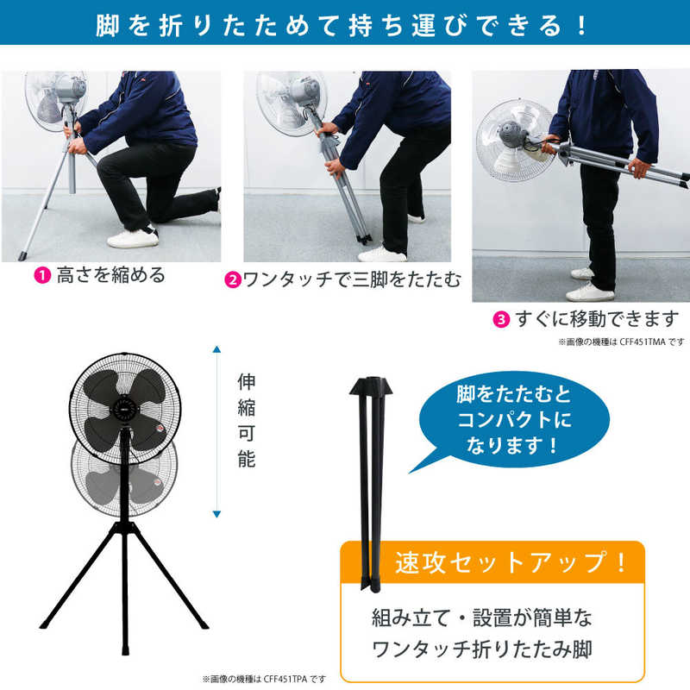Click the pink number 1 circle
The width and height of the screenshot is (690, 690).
[42, 275]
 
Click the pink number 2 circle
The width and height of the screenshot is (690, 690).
[233, 279]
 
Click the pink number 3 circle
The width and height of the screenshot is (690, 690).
[501, 319]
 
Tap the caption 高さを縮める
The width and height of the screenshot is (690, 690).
[111, 275]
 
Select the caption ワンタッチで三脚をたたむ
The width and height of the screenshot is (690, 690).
[352, 279]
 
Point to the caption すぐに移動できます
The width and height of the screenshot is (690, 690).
[597, 319]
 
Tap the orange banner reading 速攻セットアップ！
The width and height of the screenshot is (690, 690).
[492, 562]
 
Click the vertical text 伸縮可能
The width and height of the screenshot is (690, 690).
[247, 420]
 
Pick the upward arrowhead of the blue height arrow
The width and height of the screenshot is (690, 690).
[216, 350]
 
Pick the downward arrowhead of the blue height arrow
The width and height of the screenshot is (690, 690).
[216, 514]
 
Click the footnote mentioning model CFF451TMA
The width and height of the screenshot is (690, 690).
[622, 342]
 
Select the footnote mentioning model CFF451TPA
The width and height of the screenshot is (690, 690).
[265, 680]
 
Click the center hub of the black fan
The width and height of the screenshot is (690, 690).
[124, 411]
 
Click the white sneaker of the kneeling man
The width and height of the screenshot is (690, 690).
[133, 238]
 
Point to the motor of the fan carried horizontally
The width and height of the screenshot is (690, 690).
[511, 135]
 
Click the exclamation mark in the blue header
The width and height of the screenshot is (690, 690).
[581, 25]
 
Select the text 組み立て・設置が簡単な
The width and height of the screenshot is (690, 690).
[482, 618]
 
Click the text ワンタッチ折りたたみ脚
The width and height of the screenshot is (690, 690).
[482, 649]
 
